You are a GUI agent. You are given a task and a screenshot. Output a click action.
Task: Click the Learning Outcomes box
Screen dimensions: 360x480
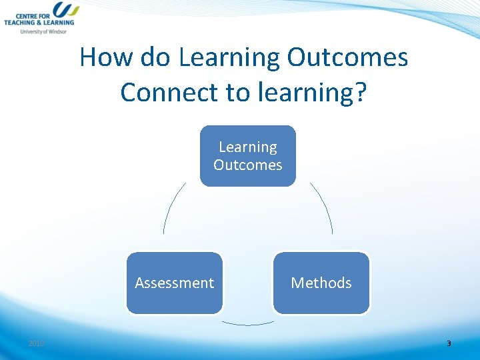[247, 156]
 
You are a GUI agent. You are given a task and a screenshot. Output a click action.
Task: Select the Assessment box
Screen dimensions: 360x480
[175, 283]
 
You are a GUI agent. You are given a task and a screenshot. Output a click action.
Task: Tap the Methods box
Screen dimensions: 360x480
[321, 283]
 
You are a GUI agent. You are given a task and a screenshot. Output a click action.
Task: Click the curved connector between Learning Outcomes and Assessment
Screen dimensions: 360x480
[172, 206]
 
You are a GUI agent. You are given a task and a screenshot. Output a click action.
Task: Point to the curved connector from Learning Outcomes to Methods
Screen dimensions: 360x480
[324, 206]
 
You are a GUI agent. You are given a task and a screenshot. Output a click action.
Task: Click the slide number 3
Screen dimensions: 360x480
[449, 343]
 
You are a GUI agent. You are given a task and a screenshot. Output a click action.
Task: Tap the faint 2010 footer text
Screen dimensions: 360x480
[36, 343]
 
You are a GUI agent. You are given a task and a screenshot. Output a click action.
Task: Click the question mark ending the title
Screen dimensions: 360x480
[360, 92]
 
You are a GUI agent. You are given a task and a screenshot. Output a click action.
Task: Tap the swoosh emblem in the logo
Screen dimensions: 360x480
[65, 9]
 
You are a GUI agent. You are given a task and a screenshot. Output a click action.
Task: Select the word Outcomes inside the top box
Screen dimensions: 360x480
[248, 165]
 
